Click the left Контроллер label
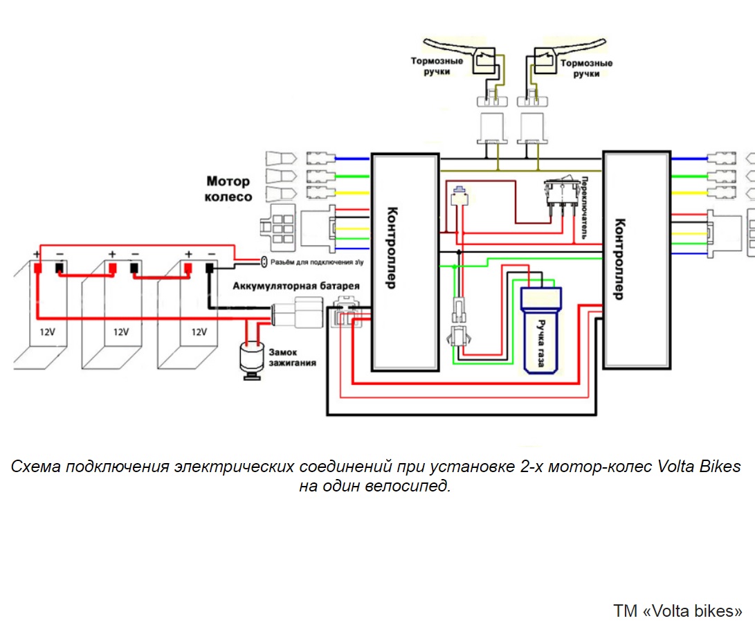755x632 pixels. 392,248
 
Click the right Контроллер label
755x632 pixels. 619,259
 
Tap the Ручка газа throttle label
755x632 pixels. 540,343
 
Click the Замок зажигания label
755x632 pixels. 292,357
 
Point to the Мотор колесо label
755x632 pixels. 228,189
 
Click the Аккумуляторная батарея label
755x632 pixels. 296,286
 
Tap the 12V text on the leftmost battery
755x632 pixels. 47,332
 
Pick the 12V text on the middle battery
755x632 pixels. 121,332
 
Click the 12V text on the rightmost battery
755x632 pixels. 199,332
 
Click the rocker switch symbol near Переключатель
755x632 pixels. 561,192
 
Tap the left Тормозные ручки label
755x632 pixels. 437,66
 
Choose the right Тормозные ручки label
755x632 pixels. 586,69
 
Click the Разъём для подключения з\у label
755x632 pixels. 317,262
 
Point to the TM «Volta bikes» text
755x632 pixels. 677,611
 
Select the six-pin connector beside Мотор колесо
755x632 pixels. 278,228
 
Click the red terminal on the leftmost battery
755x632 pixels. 37,268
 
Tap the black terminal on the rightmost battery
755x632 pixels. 210,268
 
